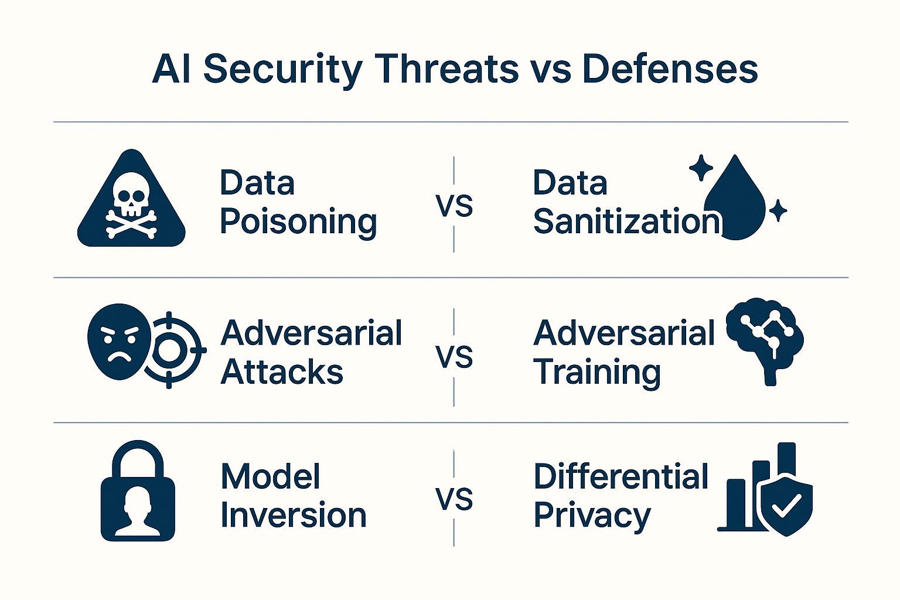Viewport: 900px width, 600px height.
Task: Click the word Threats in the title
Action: pos(444,69)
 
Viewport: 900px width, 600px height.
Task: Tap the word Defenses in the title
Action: pos(670,69)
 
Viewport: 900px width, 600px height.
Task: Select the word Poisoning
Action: pos(298,222)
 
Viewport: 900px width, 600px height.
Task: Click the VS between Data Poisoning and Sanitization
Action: pos(454,206)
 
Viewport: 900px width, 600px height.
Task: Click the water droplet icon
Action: pos(735,197)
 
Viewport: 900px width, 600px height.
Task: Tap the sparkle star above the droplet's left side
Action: pos(701,168)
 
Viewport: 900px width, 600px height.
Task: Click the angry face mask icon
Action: pos(119,342)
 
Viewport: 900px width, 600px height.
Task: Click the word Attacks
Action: pos(282,371)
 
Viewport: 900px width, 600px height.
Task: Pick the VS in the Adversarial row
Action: pos(454,357)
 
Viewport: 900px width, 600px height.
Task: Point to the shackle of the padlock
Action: pos(138,459)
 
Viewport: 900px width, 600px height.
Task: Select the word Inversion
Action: pos(294,516)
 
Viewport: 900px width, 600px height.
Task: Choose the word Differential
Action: pos(621,476)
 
